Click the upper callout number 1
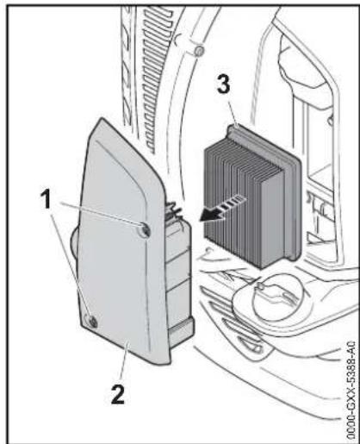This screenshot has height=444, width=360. (x=47, y=200)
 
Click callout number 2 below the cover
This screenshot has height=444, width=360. (x=118, y=395)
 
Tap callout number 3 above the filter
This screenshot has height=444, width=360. (x=224, y=84)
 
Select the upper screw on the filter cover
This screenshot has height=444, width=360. (x=145, y=229)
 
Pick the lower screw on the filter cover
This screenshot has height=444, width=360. (x=91, y=321)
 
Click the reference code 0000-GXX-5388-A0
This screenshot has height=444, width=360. (x=351, y=390)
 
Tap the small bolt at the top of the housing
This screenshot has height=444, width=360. (x=198, y=51)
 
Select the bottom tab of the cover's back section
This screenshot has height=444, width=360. (x=181, y=331)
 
